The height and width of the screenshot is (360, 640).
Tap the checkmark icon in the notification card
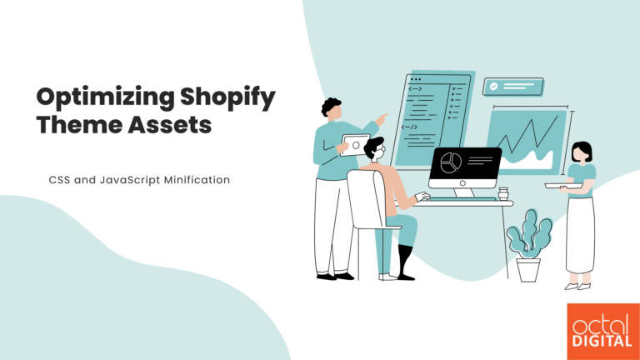tap(494, 86)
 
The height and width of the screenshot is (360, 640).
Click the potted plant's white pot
tap(528, 268)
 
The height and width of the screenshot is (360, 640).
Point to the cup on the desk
tap(502, 193)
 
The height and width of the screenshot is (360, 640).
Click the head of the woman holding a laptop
tap(582, 152)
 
